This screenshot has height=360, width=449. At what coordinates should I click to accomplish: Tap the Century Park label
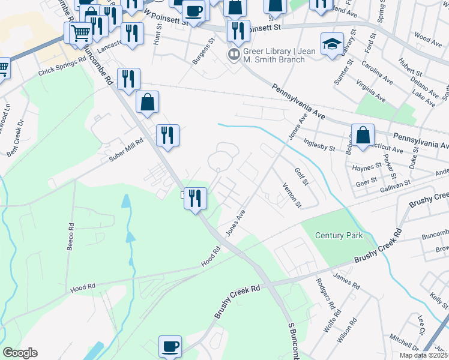(x=339, y=235)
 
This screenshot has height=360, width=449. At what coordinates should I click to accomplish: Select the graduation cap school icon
(x=332, y=46)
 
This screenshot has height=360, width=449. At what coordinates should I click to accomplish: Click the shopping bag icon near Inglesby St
(x=363, y=136)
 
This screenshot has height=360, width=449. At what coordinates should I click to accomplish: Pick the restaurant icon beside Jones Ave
(x=195, y=199)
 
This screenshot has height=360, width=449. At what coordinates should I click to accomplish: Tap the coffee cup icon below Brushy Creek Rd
(x=170, y=347)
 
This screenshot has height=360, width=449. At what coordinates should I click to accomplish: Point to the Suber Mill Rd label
(x=126, y=150)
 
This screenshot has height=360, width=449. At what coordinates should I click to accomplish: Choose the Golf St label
(x=301, y=176)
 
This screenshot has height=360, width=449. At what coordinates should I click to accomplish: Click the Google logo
(x=20, y=353)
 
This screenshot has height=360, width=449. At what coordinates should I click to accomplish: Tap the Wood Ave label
(x=428, y=40)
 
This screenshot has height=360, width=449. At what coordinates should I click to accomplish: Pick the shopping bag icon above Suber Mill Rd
(x=147, y=103)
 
